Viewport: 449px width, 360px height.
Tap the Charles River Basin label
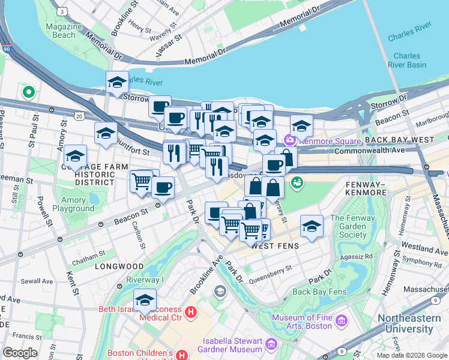[x=407, y=60]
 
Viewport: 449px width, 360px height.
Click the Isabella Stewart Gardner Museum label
[x=230, y=344]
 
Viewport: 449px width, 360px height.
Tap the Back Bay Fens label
[x=319, y=292]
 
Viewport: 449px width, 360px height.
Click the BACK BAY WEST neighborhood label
[x=399, y=140]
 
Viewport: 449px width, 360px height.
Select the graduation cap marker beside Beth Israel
[x=145, y=300]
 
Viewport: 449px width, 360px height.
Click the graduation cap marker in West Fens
[x=312, y=226]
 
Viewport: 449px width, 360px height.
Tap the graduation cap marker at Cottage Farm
[x=76, y=156]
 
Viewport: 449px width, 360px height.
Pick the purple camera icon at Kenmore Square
[x=290, y=140]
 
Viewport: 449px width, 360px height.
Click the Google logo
[x=20, y=353]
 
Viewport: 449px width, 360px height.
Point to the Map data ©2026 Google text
[x=411, y=355]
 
